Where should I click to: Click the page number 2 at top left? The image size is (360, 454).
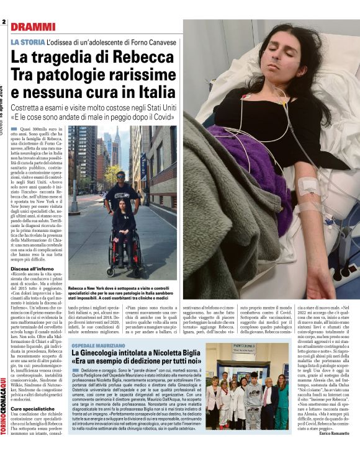(x=4, y=23)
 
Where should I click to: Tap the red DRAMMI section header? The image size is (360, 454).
(x=33, y=27)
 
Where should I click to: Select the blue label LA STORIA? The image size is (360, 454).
(x=27, y=42)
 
